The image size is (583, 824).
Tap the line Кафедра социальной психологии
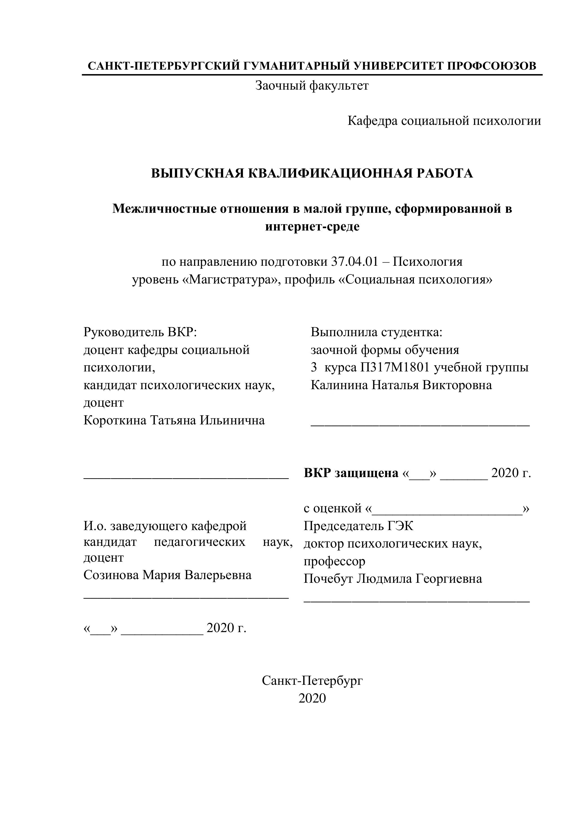coord(444,121)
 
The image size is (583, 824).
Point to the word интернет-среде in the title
coord(312,227)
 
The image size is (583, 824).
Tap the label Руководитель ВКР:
coord(140,332)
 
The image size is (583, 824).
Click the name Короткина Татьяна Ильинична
coord(174,420)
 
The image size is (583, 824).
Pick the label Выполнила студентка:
coord(377,332)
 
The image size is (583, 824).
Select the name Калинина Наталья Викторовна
coord(401,385)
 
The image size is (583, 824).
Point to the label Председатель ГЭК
coord(358,526)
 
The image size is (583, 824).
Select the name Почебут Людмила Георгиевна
coord(393,579)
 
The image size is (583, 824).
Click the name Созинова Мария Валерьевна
coord(167,575)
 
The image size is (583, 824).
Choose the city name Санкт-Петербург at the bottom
coord(312,681)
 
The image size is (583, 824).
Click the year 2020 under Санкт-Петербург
coord(312,698)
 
